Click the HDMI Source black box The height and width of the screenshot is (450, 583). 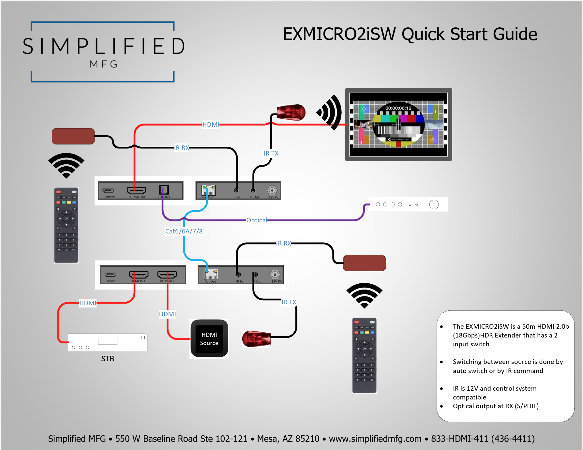pyautogui.click(x=209, y=339)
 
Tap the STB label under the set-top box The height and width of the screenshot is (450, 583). pyautogui.click(x=108, y=359)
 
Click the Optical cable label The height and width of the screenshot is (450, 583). pyautogui.click(x=257, y=220)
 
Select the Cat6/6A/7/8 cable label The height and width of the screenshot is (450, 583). pyautogui.click(x=184, y=231)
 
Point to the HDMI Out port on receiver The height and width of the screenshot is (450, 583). pyautogui.click(x=136, y=190)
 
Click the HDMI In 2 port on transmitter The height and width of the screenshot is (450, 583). pyautogui.click(x=167, y=275)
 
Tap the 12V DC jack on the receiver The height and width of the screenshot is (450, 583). pyautogui.click(x=272, y=190)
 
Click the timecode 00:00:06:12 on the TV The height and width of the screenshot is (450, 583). pyautogui.click(x=398, y=108)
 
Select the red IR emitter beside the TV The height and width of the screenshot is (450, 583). pyautogui.click(x=291, y=112)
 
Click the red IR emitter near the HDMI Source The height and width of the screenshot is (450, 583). pyautogui.click(x=256, y=339)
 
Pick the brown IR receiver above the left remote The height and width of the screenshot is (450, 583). pyautogui.click(x=73, y=136)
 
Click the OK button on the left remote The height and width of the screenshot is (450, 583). pyautogui.click(x=67, y=218)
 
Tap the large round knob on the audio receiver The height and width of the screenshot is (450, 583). pyautogui.click(x=434, y=204)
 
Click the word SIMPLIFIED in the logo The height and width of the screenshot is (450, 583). pyautogui.click(x=104, y=46)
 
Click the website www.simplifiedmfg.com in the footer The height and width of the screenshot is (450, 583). pyautogui.click(x=375, y=439)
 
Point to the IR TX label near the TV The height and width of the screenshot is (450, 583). pyautogui.click(x=271, y=153)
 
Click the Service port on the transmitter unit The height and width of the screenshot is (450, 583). pyautogui.click(x=110, y=275)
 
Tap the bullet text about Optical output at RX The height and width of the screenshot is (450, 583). pyautogui.click(x=496, y=406)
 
